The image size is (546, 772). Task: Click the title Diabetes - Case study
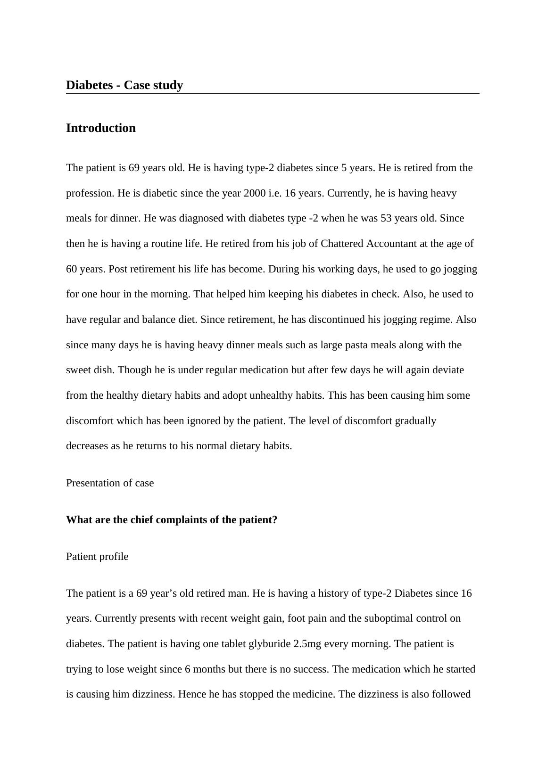point(124,85)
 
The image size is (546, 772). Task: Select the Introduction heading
point(101,128)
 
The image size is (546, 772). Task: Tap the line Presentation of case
point(110,483)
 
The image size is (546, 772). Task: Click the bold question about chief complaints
point(172,520)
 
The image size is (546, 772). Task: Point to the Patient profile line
point(97,557)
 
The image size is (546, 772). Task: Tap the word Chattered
point(342,244)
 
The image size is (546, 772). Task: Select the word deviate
point(447,370)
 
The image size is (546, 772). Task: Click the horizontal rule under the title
point(273,94)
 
